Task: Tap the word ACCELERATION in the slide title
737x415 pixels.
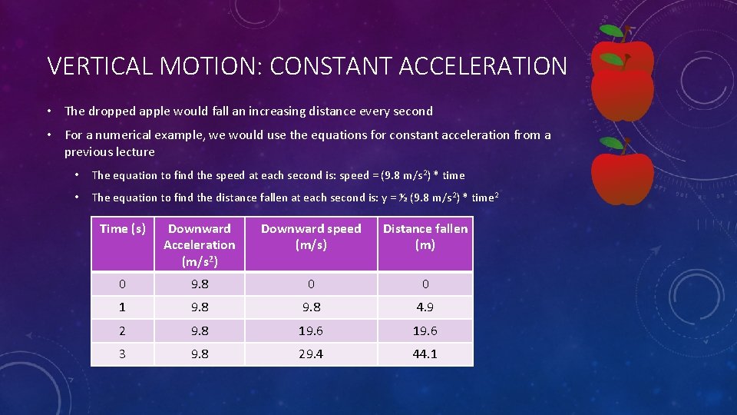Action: tap(483, 66)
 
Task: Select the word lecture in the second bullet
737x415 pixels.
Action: tap(133, 151)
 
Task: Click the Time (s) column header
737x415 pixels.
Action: tap(123, 228)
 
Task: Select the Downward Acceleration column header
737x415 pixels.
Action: tap(199, 244)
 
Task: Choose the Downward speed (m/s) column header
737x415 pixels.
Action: tap(311, 236)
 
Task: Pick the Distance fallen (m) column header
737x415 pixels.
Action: tap(425, 236)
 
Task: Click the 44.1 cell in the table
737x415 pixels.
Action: tap(425, 354)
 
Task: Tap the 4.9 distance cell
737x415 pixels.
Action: tap(425, 307)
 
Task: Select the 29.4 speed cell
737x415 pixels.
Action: tap(311, 354)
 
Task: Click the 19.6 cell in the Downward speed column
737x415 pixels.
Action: tap(311, 330)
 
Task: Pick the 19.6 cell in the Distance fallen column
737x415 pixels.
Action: tap(425, 330)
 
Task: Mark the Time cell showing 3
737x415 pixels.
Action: tap(123, 354)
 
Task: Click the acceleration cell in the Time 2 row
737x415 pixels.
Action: tap(199, 330)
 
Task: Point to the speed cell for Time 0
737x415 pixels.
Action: tap(311, 284)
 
